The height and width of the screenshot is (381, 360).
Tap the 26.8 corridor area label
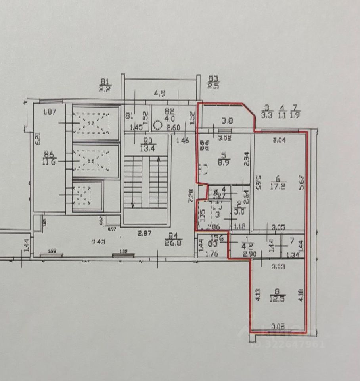[174, 243]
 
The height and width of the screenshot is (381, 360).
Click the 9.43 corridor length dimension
[98, 241]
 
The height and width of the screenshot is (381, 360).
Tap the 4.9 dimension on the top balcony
[160, 94]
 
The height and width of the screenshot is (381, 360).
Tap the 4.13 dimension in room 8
[258, 295]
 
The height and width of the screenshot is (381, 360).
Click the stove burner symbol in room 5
[203, 170]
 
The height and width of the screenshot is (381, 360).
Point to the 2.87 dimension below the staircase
[145, 233]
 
